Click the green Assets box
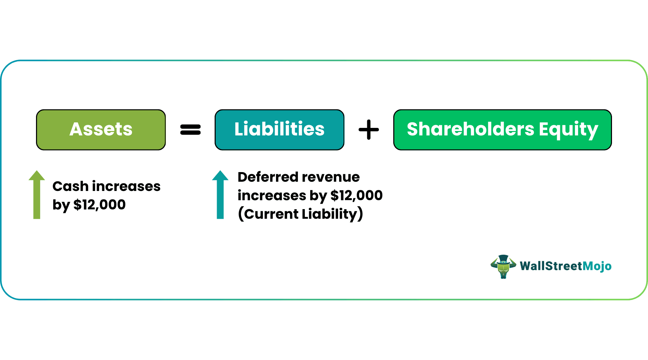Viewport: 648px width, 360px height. tap(101, 130)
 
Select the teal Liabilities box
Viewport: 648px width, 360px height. tap(279, 130)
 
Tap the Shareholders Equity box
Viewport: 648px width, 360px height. tap(502, 130)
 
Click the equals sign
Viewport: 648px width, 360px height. tap(190, 130)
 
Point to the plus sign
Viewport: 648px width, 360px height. tap(369, 130)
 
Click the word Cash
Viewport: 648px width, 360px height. tap(70, 187)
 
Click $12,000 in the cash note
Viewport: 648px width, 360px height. tap(99, 205)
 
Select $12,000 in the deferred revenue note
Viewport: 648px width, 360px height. tap(356, 196)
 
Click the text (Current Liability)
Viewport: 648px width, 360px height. tap(300, 214)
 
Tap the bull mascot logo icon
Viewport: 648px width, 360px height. tap(503, 267)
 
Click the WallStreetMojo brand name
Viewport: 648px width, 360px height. tap(565, 266)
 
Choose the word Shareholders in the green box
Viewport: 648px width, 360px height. tap(470, 130)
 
